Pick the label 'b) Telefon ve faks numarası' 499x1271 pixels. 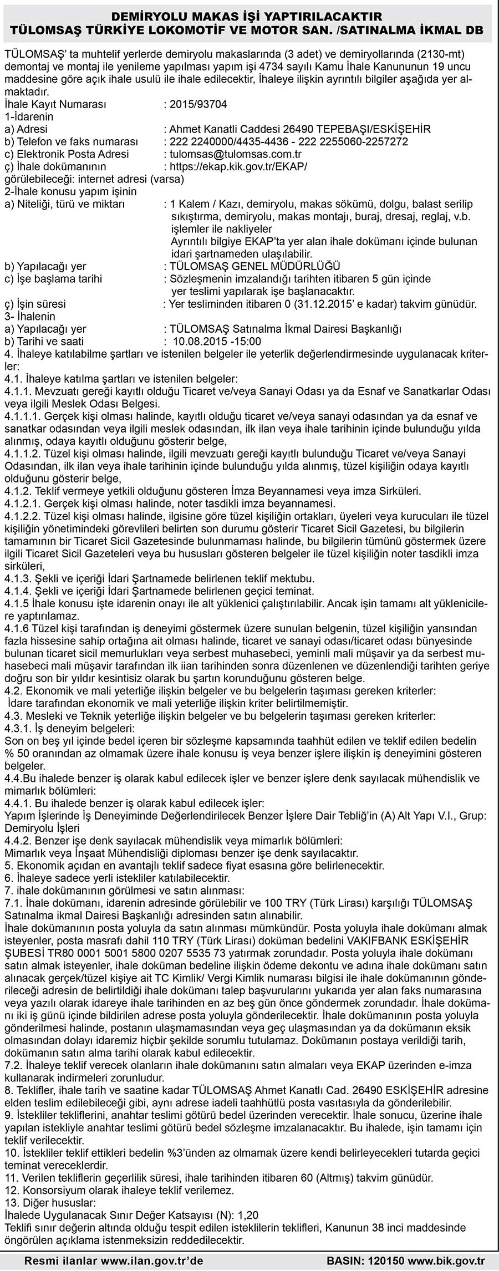[x=70, y=141]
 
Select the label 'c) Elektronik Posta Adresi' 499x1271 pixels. [x=67, y=154]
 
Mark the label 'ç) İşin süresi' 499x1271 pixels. [x=35, y=304]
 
